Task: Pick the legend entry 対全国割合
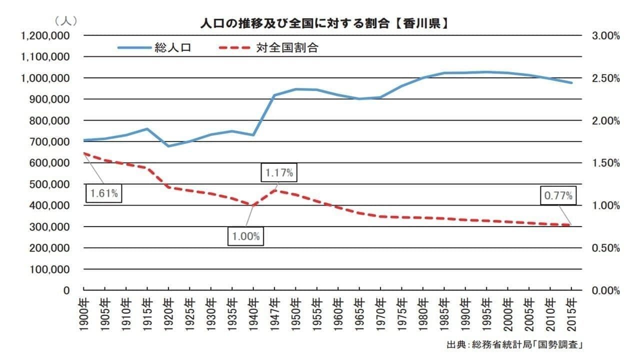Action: (x=287, y=48)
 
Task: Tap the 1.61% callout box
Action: (x=104, y=194)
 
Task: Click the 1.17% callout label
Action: (x=279, y=173)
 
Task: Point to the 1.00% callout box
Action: (x=246, y=236)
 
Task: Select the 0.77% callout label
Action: (x=558, y=196)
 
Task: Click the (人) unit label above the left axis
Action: (x=65, y=21)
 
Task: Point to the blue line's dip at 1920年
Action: (x=168, y=146)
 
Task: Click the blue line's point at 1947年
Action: (x=274, y=95)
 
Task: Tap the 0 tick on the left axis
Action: (x=66, y=290)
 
